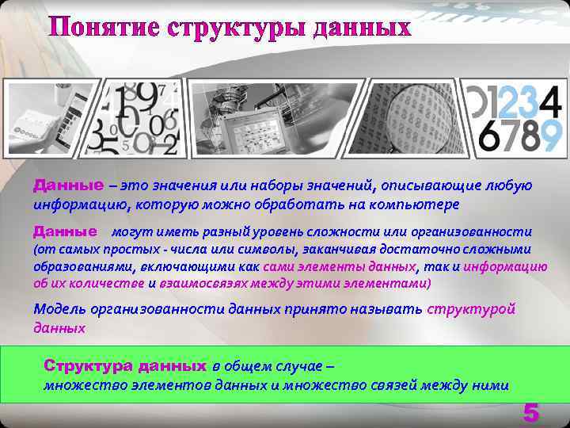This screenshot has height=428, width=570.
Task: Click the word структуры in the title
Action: point(237,27)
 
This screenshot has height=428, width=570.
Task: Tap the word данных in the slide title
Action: point(363,27)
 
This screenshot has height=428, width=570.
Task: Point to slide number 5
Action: point(530,413)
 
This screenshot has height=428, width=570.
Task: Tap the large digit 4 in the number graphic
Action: point(551,99)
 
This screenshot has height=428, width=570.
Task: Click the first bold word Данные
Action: point(68,185)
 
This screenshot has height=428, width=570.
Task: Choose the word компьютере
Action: point(416,204)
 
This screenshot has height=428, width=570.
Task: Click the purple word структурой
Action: point(471,309)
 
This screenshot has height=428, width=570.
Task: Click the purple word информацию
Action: point(505,267)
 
